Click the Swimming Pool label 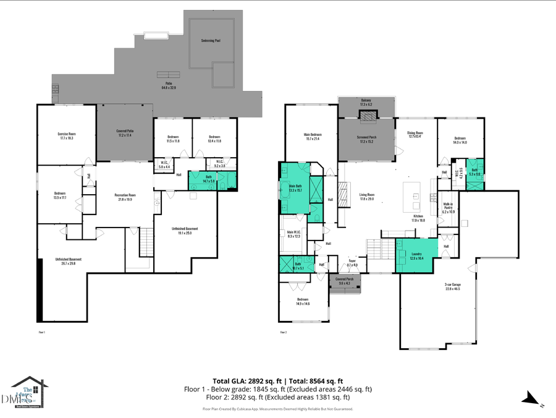[211, 41]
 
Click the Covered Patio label [125, 133]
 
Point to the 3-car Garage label [452, 287]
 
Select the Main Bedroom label [312, 137]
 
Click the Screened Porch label [367, 139]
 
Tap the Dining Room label [415, 134]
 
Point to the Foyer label [352, 263]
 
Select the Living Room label [368, 197]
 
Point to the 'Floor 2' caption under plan [283, 332]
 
